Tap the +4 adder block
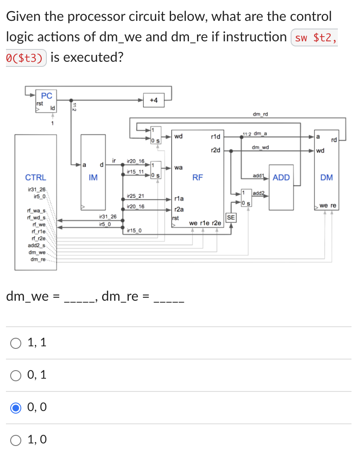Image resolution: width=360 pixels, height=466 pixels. tap(154, 100)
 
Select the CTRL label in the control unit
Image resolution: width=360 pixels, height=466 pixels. tap(36, 178)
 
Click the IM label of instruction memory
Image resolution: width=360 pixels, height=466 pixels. tap(93, 178)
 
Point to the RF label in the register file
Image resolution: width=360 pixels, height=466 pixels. tap(197, 178)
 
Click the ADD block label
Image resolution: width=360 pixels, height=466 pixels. tap(281, 178)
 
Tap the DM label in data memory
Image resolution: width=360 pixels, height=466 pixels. tap(326, 178)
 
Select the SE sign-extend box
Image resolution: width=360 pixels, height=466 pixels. tap(231, 218)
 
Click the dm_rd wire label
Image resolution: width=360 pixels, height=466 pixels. tap(260, 114)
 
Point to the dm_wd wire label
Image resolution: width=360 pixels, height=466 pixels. tap(260, 147)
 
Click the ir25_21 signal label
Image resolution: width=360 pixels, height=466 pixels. tap(135, 196)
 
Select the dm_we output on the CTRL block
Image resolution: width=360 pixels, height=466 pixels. tap(37, 253)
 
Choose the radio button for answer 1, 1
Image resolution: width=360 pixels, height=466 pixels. tap(16, 342)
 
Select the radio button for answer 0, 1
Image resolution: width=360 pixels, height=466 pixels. tap(16, 375)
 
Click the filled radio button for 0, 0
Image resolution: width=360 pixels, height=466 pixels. tap(16, 408)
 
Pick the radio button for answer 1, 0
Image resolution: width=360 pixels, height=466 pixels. tap(16, 440)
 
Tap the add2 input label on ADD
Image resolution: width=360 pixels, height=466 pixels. tap(258, 193)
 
